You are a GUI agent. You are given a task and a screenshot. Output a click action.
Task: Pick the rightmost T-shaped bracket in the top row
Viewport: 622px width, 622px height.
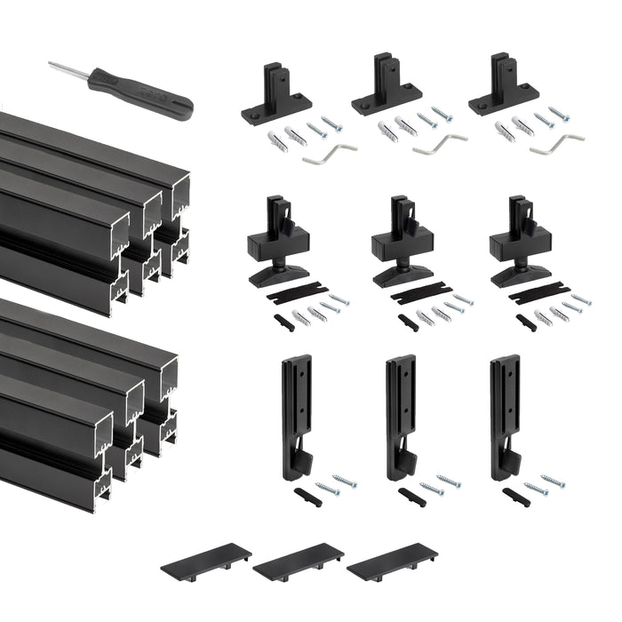(503, 90)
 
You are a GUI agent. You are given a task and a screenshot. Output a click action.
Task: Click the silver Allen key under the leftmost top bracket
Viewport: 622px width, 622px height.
(329, 153)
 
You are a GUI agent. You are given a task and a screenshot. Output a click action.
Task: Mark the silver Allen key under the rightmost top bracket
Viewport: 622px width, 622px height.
(556, 143)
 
